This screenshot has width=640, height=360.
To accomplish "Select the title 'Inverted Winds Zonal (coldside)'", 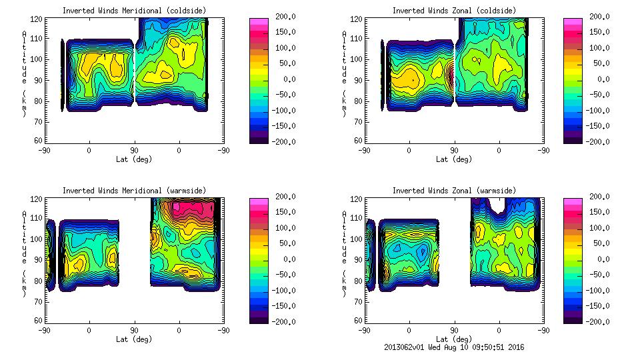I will tap(454, 11).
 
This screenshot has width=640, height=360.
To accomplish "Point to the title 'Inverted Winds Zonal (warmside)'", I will tap(454, 191).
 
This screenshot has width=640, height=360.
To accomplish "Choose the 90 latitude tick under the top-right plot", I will tap(455, 151).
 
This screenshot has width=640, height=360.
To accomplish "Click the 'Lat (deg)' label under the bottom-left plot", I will tap(133, 339).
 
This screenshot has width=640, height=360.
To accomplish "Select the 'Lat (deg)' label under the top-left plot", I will tap(133, 159).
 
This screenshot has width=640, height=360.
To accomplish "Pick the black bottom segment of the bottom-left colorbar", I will tap(258, 319).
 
